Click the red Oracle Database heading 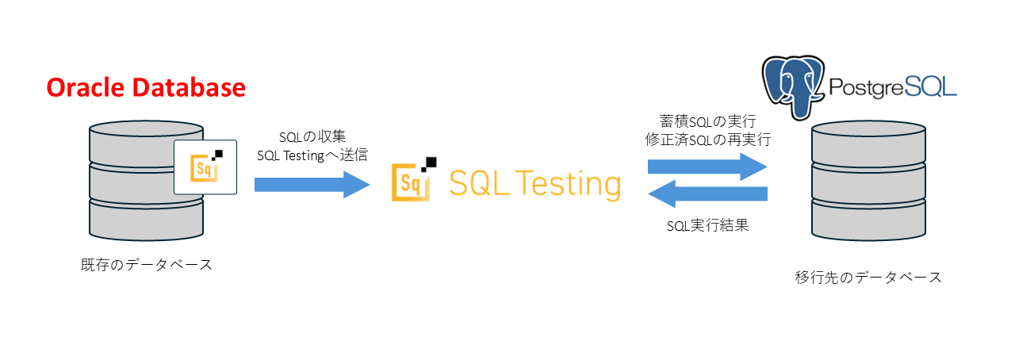click(145, 87)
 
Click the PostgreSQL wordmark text click(891, 86)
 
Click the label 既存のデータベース click(147, 264)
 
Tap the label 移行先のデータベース click(868, 277)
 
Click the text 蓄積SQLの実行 click(707, 121)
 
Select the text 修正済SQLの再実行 click(707, 140)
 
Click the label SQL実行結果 click(707, 225)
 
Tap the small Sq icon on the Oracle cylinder click(205, 166)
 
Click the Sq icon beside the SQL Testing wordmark click(412, 182)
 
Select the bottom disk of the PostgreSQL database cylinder click(869, 218)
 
